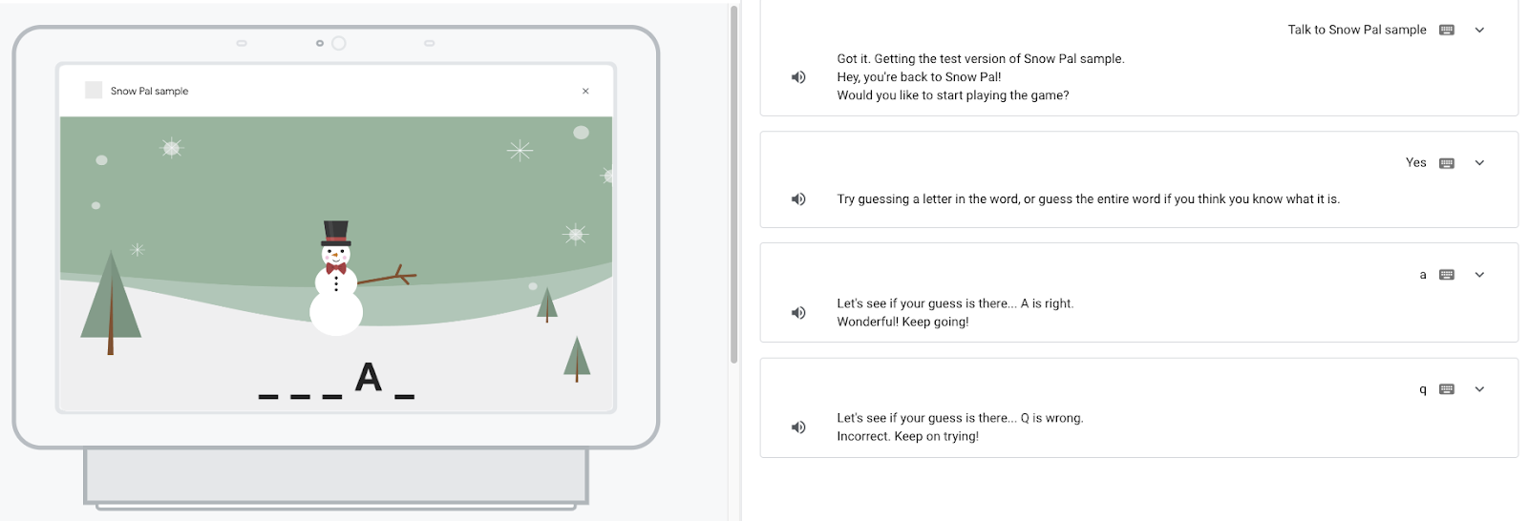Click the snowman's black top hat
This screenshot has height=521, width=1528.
coord(335,233)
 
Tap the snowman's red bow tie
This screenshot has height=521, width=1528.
coord(335,269)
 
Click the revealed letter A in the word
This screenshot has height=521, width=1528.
coord(369,377)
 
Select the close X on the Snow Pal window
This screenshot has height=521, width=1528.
coord(585,91)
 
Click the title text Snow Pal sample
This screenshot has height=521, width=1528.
coord(149,91)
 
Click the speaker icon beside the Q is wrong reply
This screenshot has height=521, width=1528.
coord(798,427)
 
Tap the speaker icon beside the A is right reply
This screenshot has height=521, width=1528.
coord(798,312)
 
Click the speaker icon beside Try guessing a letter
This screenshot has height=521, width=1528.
coord(798,199)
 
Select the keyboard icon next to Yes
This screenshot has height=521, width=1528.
coord(1446,163)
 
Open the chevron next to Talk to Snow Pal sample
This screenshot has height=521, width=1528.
coord(1479,30)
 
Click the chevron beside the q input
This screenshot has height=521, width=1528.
coord(1479,389)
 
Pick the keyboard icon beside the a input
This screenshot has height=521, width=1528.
coord(1446,275)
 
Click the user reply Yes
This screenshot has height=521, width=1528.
coord(1415,162)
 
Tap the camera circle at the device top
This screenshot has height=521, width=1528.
coord(338,44)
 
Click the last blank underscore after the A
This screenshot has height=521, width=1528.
coord(405,396)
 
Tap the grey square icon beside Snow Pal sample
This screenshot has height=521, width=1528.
coord(94,90)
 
